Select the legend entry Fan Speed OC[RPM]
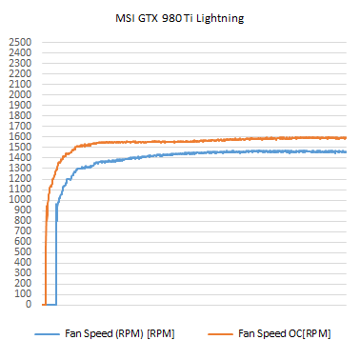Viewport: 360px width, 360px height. [284, 333]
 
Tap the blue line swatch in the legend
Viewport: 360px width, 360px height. [47, 334]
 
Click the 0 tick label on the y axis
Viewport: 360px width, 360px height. [28, 305]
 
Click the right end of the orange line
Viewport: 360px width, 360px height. [346, 138]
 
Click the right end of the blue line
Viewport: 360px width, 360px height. [346, 151]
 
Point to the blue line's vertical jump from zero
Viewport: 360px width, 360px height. [56, 257]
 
